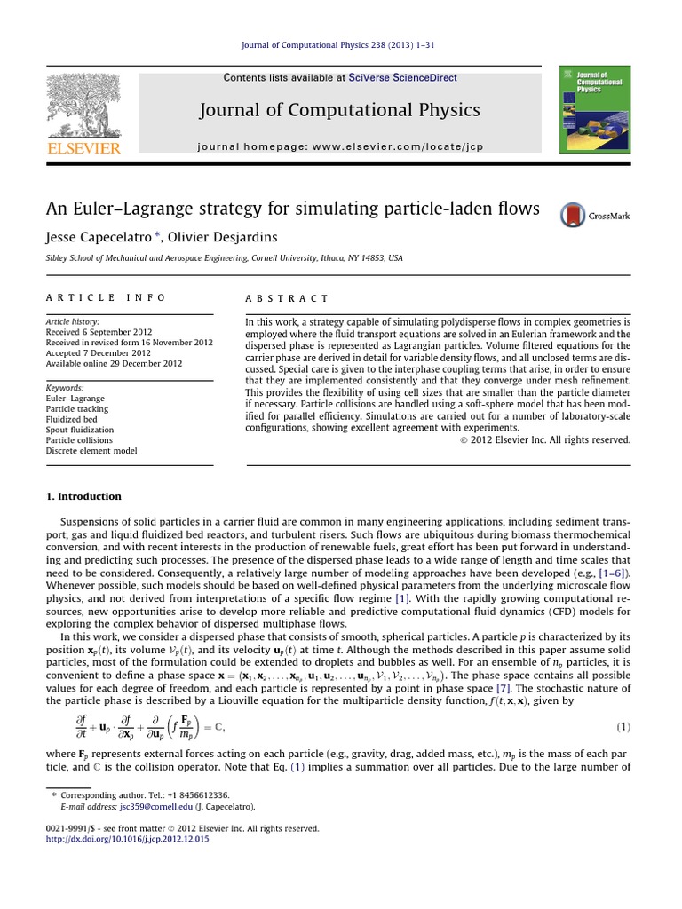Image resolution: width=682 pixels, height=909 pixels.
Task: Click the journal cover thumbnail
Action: click(x=595, y=108)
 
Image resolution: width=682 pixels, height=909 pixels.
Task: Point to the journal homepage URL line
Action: click(x=340, y=146)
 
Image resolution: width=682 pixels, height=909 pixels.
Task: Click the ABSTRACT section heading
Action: click(x=287, y=299)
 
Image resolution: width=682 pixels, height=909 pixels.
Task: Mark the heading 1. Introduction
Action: click(x=83, y=496)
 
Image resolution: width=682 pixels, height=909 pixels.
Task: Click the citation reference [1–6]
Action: click(x=612, y=574)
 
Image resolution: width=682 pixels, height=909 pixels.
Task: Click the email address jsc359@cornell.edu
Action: click(x=132, y=807)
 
